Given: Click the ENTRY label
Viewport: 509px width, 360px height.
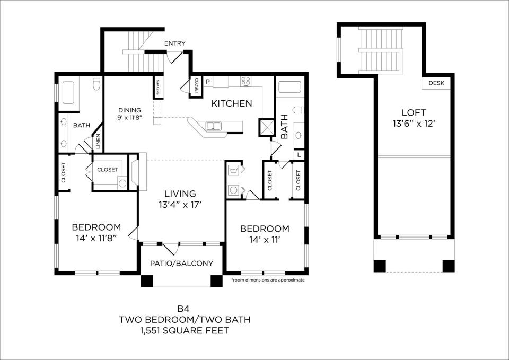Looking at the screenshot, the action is tap(174, 43).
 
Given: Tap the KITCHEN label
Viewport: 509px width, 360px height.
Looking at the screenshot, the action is tap(232, 103).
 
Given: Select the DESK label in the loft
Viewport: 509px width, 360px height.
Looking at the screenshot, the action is tap(436, 83).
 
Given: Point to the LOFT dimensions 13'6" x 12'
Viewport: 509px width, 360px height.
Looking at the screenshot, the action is tap(414, 124).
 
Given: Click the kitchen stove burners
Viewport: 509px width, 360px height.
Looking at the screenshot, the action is tap(245, 81).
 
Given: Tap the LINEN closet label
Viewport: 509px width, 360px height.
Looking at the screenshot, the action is tap(98, 142).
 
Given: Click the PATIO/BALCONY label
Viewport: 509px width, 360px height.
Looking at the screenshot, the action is tap(181, 264).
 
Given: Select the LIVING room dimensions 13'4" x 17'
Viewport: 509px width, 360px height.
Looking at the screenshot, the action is tap(180, 205).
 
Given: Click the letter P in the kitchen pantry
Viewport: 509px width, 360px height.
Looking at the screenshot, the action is tap(207, 81).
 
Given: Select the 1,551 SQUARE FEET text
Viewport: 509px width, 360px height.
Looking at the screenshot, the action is tap(185, 331).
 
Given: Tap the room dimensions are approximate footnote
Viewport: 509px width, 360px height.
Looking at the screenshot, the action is tap(268, 280).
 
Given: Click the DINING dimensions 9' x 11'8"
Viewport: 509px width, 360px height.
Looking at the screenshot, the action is tap(130, 117).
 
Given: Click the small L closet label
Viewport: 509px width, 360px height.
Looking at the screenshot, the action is tap(299, 155).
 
